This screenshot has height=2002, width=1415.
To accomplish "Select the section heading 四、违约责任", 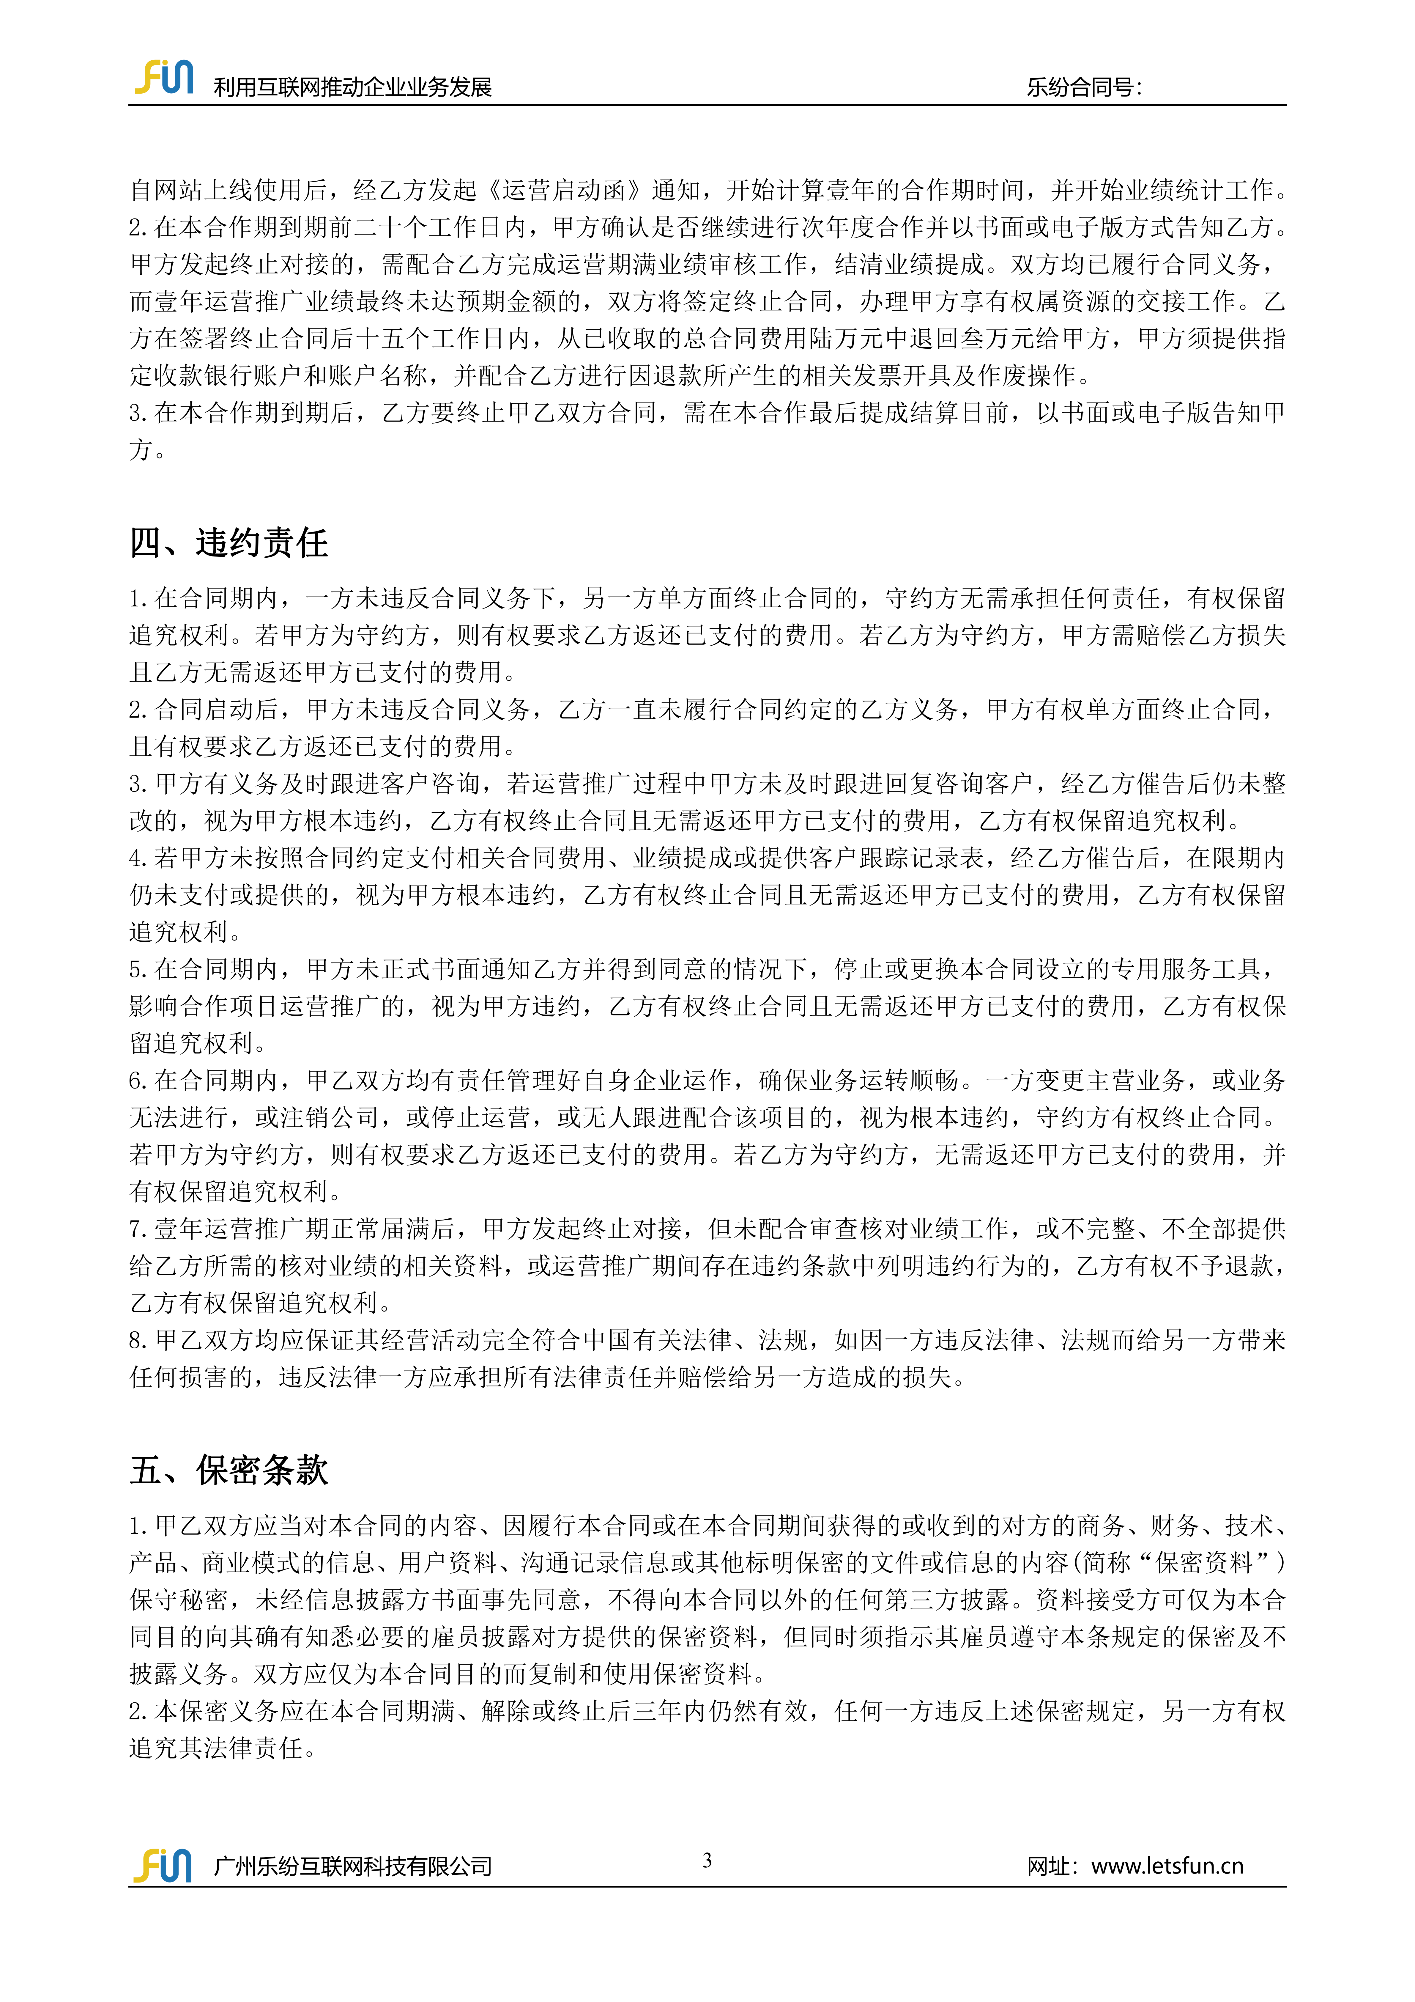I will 229,542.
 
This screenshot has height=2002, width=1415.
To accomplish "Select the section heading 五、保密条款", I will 229,1470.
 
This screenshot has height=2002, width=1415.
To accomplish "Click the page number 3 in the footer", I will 707,1860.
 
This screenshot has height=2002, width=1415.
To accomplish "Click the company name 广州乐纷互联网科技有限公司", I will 352,1866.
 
